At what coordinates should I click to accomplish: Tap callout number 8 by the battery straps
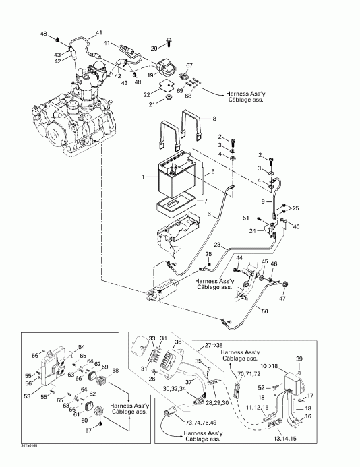214,119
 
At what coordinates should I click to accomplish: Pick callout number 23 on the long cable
217,244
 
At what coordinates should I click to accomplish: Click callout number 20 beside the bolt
153,48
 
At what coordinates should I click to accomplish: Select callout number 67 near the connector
189,65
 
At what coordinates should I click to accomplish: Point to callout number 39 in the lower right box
299,359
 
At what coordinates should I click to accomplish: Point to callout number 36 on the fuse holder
178,342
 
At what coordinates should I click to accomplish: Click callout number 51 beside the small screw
246,218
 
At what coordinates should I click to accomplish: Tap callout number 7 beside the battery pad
206,201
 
